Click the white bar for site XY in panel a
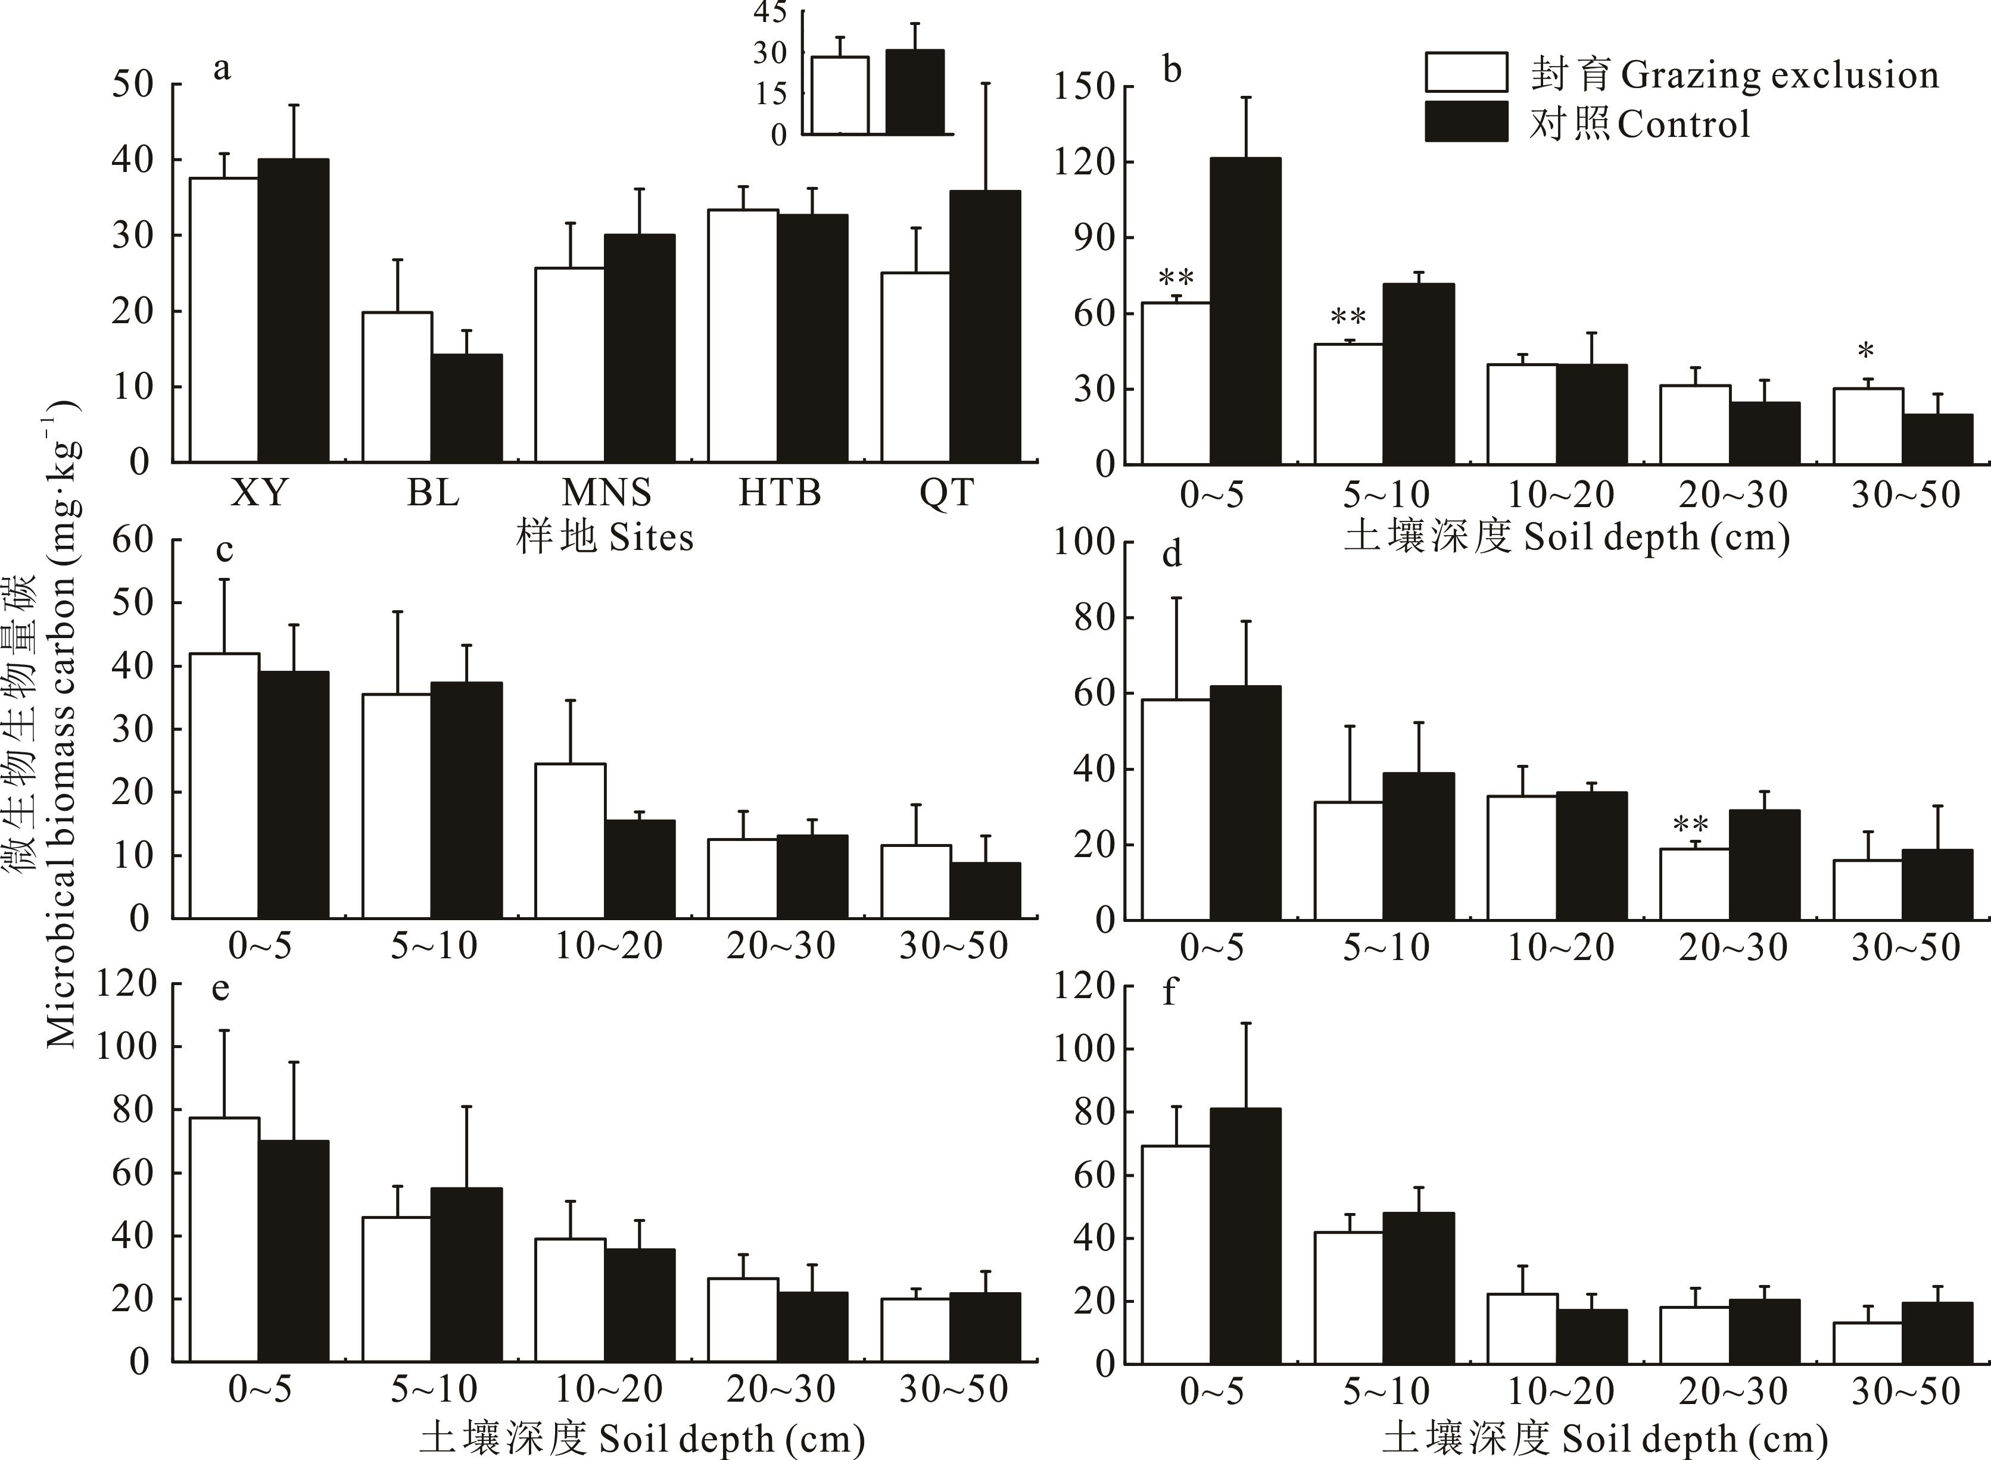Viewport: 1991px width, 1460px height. (x=225, y=320)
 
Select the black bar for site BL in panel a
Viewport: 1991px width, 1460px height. (x=467, y=408)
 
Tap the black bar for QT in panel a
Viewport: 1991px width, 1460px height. (x=985, y=327)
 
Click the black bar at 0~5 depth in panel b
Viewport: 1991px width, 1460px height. (x=1245, y=311)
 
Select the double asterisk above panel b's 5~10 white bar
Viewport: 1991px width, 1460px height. (x=1348, y=317)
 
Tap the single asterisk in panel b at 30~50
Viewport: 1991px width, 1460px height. (x=1865, y=352)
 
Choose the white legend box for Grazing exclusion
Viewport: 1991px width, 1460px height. (x=1466, y=73)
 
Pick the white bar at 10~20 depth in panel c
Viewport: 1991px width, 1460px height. (x=570, y=842)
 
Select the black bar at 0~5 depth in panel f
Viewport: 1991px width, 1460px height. (x=1245, y=1236)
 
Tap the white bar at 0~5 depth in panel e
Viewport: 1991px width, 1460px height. (x=225, y=1240)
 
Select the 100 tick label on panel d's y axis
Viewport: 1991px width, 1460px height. (x=1083, y=542)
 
